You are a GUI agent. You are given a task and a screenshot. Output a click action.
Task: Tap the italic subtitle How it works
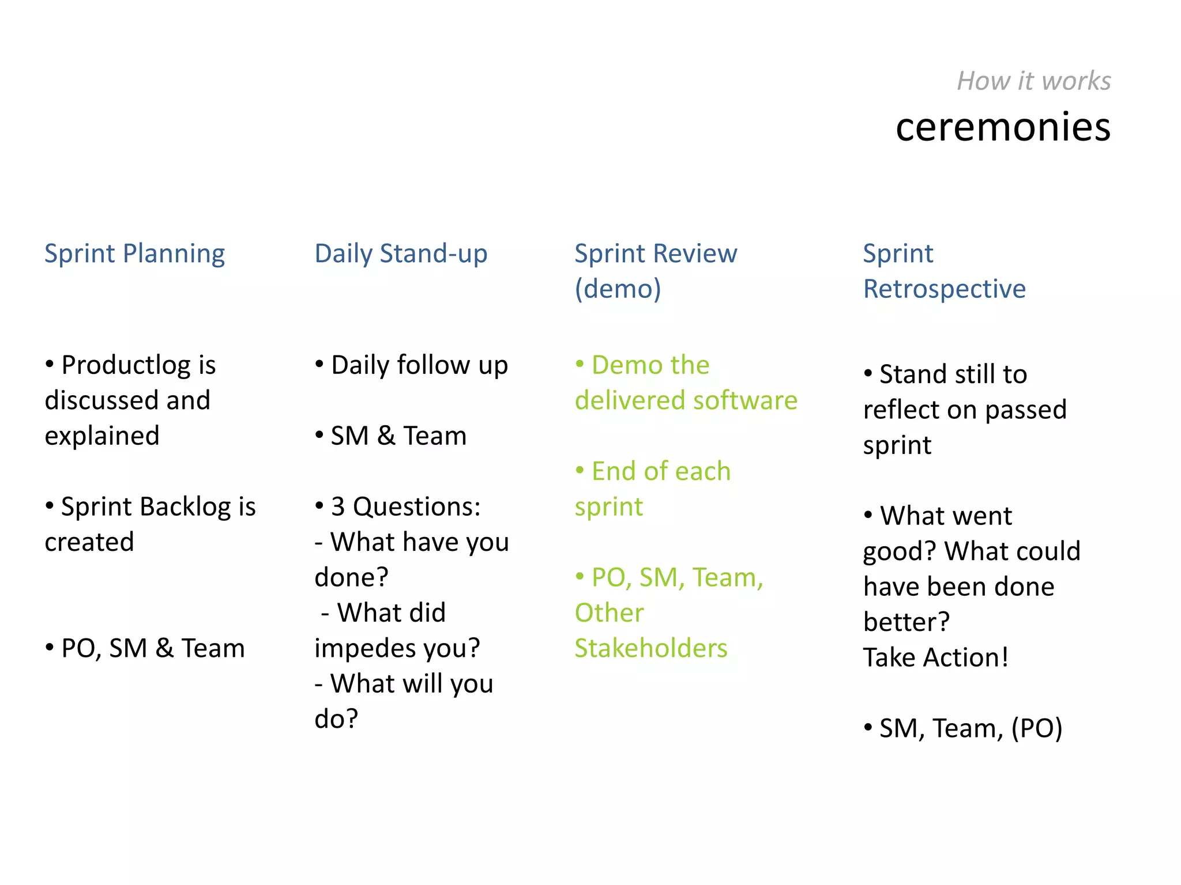tap(1033, 81)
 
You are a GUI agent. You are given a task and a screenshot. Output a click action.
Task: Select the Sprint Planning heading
tap(134, 254)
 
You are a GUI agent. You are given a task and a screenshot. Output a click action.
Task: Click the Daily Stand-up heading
tap(401, 254)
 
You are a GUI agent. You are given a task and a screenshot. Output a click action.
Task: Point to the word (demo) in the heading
tap(618, 289)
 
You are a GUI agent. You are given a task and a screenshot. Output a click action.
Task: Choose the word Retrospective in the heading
tap(944, 289)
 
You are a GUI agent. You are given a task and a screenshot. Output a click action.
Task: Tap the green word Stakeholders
tap(651, 649)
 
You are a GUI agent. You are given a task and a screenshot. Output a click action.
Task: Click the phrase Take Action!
tap(935, 658)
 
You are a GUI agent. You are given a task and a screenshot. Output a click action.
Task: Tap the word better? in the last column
tap(906, 622)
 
